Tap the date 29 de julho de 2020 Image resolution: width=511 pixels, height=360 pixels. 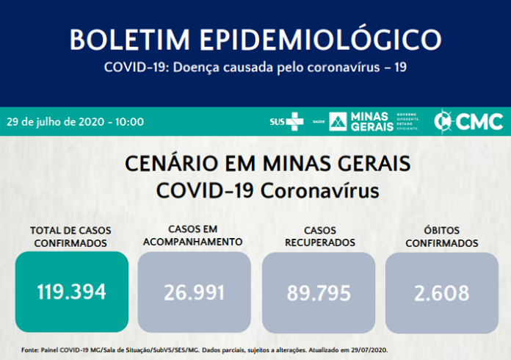(x=59, y=121)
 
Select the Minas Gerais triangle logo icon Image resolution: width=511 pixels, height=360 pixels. (x=338, y=121)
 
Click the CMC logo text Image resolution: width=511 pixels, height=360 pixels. (x=479, y=121)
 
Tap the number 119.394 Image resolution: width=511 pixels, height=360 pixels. (x=71, y=292)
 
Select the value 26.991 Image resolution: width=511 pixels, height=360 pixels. (x=194, y=292)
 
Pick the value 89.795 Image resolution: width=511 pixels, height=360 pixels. (x=318, y=292)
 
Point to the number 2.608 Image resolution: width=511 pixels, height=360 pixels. (x=441, y=292)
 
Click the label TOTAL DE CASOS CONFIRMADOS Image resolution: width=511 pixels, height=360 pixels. (x=70, y=237)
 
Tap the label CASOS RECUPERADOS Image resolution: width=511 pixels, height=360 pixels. (x=318, y=237)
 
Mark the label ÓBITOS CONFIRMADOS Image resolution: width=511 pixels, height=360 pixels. (x=441, y=237)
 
